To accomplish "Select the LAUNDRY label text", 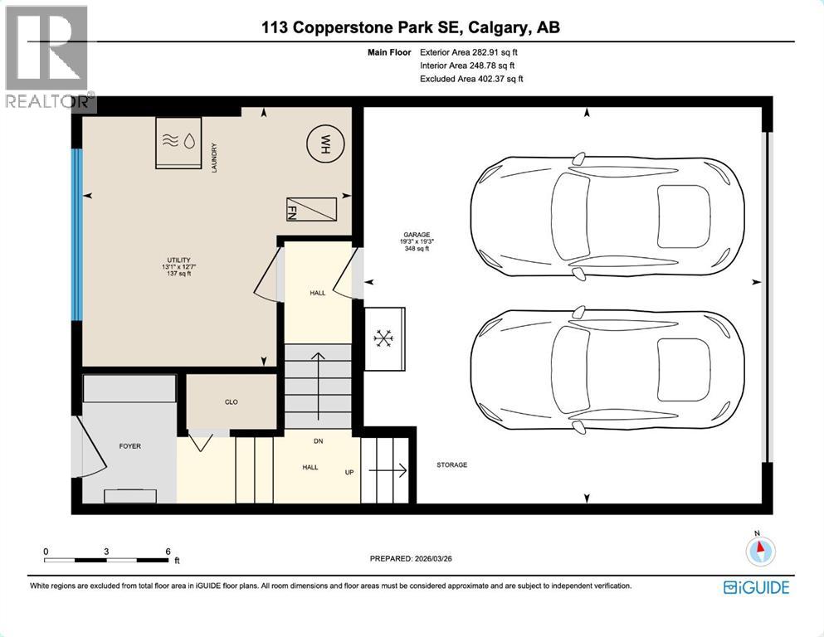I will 214,158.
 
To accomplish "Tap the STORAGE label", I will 451,465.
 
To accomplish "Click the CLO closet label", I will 232,402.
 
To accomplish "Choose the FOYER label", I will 129,446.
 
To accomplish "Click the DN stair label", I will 317,441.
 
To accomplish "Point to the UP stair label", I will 349,472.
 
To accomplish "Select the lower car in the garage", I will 607,371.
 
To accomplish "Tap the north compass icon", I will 760,548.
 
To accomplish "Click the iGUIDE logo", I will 756,587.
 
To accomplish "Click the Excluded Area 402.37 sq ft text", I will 471,79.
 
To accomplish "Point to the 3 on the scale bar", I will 107,552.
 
